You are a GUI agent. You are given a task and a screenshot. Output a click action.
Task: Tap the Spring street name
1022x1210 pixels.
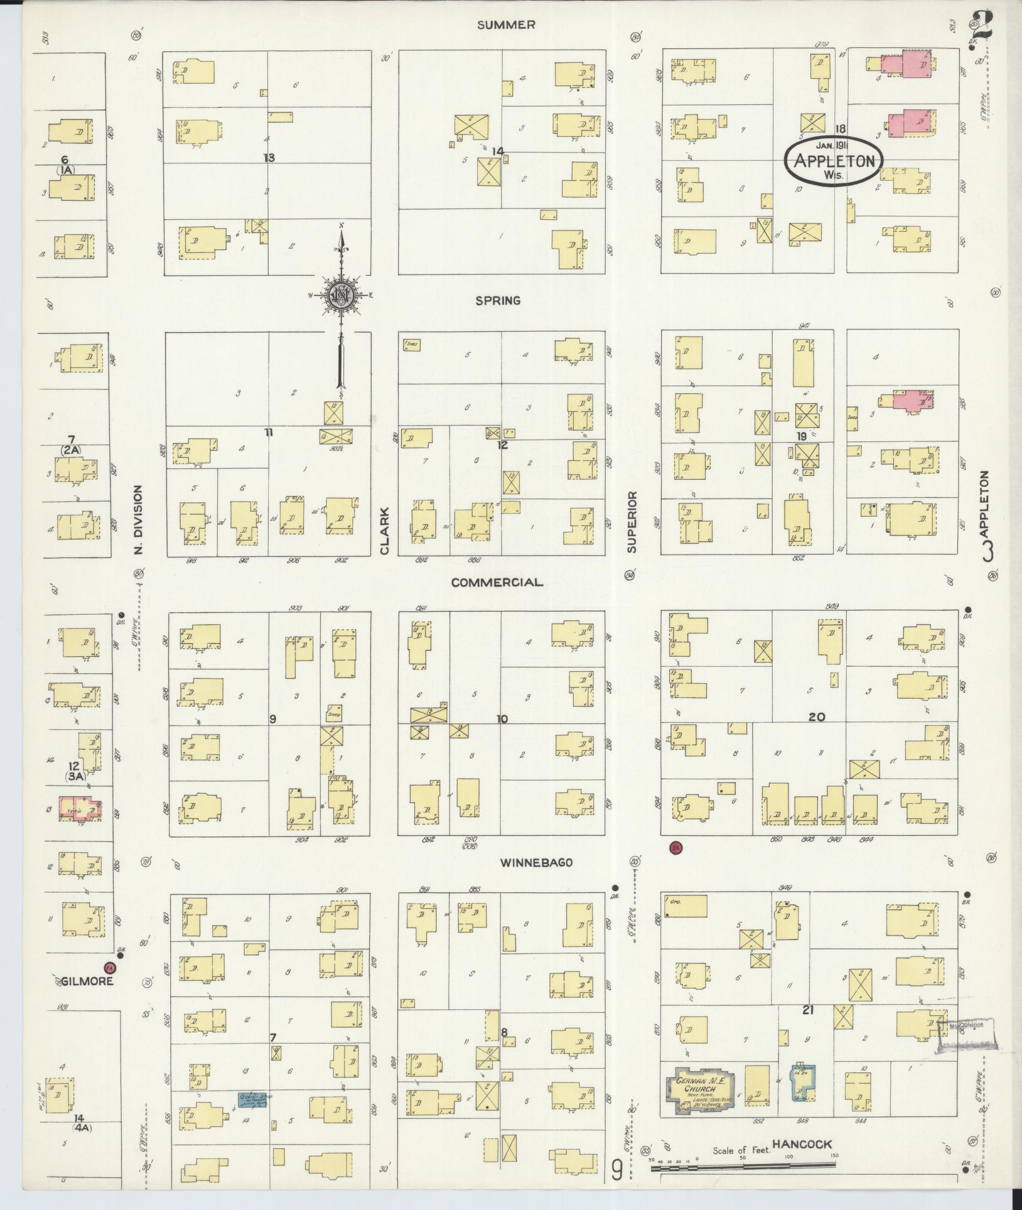(498, 301)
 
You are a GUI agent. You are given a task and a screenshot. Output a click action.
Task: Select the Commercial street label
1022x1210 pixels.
(497, 582)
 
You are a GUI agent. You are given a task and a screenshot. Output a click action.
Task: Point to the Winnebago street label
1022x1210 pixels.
(536, 863)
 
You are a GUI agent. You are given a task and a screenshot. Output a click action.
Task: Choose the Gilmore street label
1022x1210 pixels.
(87, 981)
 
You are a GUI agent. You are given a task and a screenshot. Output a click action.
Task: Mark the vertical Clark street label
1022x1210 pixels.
(385, 532)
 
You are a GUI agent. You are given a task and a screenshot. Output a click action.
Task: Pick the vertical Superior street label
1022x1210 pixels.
(632, 522)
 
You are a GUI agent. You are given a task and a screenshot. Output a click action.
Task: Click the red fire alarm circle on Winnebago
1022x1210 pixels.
(676, 848)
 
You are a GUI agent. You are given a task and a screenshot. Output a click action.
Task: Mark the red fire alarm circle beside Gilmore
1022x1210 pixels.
(110, 968)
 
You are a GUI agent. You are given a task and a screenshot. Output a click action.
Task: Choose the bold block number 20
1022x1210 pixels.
(817, 716)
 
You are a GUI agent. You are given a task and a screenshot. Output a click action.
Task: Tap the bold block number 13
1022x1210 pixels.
(269, 158)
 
